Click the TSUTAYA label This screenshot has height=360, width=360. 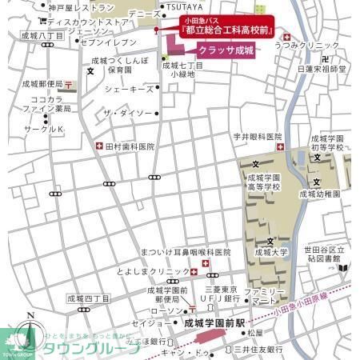pos(185,6)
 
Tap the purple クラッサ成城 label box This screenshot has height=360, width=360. pos(226,50)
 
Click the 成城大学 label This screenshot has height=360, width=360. pos(270,251)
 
